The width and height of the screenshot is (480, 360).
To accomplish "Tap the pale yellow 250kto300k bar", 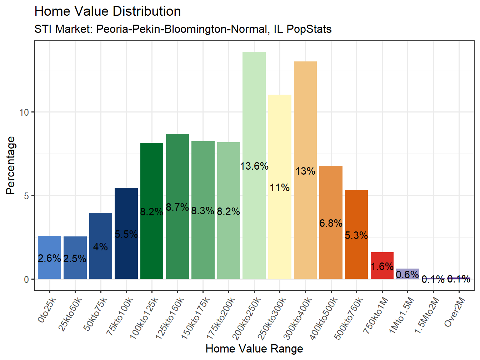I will [280, 143].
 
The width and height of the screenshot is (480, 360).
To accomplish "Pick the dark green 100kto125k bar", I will [152, 179].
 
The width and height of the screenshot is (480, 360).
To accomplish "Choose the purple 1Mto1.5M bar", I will [407, 274].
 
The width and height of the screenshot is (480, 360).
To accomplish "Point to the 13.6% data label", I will [254, 166].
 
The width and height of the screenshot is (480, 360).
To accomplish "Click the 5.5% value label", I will [126, 234].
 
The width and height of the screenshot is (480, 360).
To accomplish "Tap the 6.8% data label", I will [331, 223].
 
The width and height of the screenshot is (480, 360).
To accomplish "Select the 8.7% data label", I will [177, 207].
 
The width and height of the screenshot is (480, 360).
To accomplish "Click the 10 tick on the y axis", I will [24, 112].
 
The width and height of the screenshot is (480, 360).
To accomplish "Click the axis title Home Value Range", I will [254, 349].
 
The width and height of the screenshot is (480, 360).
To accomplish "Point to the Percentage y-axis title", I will [11, 165].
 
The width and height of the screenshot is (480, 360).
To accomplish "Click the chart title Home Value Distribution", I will [107, 11].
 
